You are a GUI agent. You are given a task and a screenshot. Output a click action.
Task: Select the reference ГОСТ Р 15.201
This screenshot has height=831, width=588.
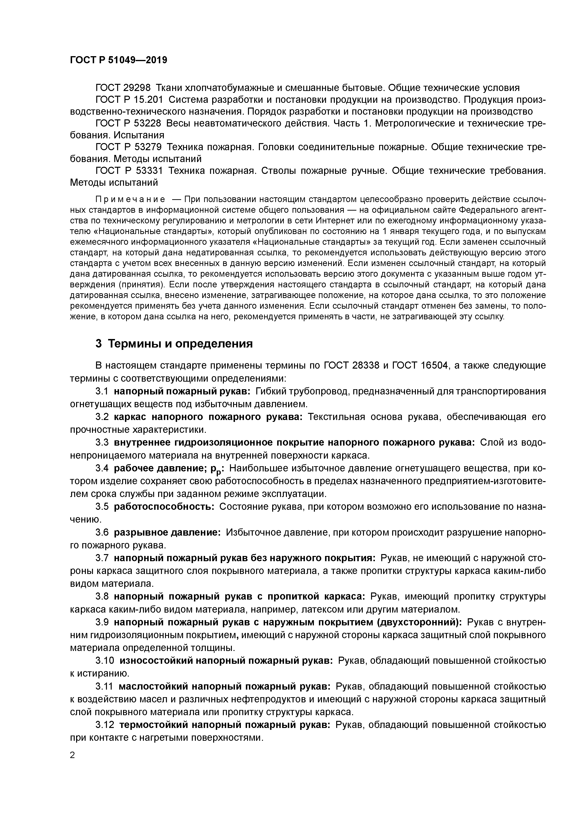(129, 100)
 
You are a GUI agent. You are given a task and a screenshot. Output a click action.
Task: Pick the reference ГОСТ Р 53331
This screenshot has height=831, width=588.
(129, 171)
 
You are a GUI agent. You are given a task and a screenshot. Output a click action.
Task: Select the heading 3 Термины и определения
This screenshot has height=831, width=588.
(174, 343)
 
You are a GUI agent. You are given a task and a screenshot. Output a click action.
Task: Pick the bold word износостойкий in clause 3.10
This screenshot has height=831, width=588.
(156, 660)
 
